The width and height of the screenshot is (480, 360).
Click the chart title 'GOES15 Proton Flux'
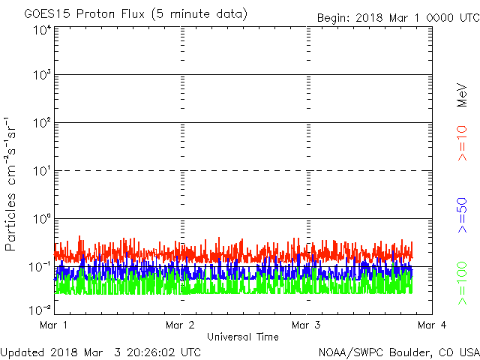[84, 14]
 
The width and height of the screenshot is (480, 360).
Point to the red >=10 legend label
[462, 143]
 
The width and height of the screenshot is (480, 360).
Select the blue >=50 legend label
[462, 215]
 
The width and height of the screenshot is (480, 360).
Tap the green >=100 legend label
[462, 283]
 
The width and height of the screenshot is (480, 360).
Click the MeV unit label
[462, 95]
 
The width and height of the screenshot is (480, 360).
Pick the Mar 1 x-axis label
[53, 325]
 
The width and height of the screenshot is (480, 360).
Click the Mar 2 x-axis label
[180, 325]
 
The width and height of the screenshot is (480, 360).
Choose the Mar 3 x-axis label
[306, 325]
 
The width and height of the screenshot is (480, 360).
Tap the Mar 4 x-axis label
[432, 325]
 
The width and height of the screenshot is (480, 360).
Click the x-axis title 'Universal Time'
[243, 337]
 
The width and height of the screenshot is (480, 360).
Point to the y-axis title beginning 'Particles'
[10, 184]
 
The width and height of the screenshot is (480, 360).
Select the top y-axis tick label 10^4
[42, 30]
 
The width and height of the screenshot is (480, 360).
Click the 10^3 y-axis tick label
[42, 74]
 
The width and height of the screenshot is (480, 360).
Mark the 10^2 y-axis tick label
[42, 123]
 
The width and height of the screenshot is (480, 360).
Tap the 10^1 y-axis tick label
[42, 171]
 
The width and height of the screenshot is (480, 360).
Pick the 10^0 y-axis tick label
[42, 219]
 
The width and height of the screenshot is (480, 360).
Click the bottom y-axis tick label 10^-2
[40, 310]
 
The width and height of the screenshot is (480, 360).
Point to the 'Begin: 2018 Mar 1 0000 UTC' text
[398, 18]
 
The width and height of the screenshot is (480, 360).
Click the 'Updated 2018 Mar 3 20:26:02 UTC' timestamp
[100, 352]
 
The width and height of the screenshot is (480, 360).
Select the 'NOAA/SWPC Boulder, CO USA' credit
[399, 352]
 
